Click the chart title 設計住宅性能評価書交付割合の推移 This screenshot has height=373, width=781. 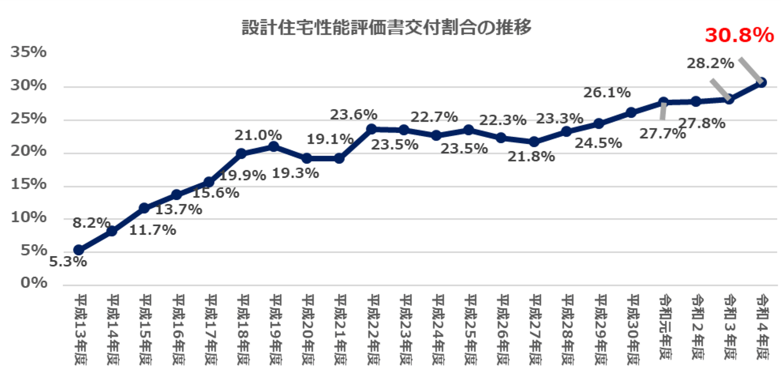[x=387, y=27]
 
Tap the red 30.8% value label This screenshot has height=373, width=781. [x=739, y=35]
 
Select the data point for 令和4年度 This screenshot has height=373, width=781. [x=761, y=82]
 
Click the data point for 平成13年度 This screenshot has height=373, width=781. [x=79, y=250]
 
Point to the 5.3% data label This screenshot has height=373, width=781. [x=67, y=262]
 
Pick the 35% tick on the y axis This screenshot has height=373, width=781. [x=29, y=52]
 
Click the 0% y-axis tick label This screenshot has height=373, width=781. [x=34, y=283]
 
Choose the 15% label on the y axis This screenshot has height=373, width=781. [x=29, y=184]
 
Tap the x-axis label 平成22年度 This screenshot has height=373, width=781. [x=373, y=329]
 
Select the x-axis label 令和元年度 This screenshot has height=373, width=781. [x=665, y=327]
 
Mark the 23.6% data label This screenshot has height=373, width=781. [x=353, y=115]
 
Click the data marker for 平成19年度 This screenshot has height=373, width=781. [x=274, y=146]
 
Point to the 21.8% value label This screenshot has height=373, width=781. [x=531, y=157]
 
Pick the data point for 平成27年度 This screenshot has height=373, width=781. [x=534, y=142]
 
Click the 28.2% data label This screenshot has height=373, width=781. [x=710, y=63]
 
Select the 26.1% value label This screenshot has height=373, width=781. [x=607, y=93]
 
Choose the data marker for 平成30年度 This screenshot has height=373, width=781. [x=631, y=112]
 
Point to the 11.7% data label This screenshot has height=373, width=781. [x=152, y=230]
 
